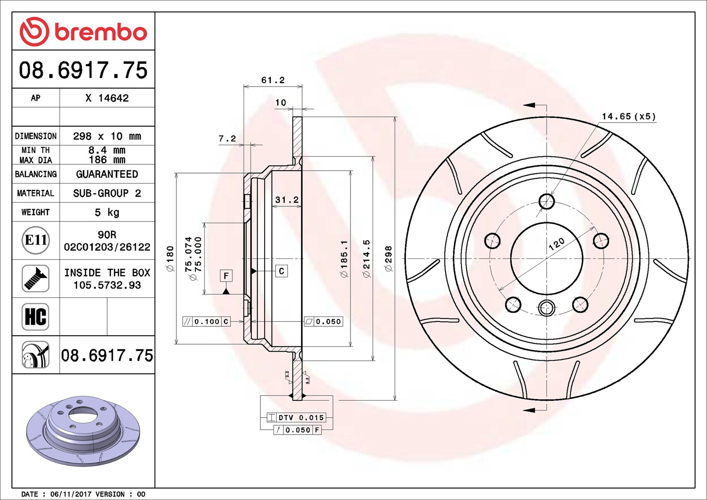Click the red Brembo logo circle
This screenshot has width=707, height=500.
point(34,31)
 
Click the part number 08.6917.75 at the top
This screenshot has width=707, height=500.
point(83,70)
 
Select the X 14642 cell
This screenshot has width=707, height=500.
point(107,98)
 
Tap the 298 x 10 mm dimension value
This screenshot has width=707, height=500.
point(107,136)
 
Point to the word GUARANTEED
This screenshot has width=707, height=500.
point(107,174)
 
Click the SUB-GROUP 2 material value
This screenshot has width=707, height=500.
point(107,193)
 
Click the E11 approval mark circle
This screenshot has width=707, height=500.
point(35,240)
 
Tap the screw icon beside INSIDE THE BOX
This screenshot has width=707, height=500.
point(35,279)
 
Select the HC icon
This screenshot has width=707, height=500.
point(35,317)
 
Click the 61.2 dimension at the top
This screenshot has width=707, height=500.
point(273,80)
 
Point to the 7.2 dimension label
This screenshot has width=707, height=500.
point(227,139)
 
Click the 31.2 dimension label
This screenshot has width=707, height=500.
point(287,200)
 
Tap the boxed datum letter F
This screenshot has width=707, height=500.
point(226,276)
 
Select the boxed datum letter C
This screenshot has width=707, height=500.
point(282,271)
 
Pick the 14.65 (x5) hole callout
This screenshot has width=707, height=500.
point(629,117)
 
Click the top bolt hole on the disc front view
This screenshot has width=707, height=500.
point(546,202)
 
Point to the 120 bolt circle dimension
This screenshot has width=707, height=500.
point(556,244)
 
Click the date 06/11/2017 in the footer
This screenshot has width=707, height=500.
point(71,494)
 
